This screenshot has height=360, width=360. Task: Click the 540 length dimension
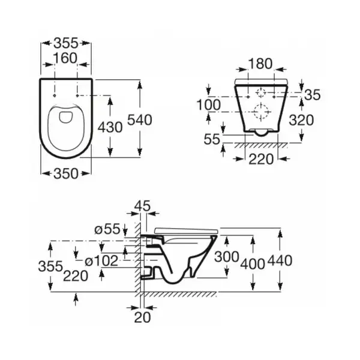click(x=140, y=120)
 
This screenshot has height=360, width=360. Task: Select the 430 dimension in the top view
click(x=110, y=127)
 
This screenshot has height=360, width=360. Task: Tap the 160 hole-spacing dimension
click(x=65, y=58)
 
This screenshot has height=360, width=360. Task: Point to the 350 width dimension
click(x=66, y=173)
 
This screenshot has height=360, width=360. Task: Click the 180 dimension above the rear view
click(x=260, y=64)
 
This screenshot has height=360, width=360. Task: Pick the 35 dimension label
click(x=312, y=95)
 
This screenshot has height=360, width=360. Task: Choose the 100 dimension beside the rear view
click(x=209, y=104)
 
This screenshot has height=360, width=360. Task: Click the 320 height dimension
click(x=301, y=120)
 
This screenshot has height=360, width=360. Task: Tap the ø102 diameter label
click(x=101, y=261)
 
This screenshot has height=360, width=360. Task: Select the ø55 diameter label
click(x=107, y=229)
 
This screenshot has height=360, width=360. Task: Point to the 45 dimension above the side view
click(x=142, y=205)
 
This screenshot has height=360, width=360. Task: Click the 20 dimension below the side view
click(x=142, y=317)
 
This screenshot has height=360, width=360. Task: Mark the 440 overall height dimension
click(x=280, y=260)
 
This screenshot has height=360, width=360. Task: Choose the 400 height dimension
click(x=253, y=263)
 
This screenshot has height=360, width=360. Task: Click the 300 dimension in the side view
click(x=227, y=256)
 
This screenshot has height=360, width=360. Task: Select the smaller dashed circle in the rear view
click(x=261, y=93)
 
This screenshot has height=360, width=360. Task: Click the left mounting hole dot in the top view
click(x=55, y=95)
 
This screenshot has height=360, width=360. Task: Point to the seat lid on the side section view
click(x=186, y=231)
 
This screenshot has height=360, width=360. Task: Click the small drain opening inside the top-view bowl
click(x=65, y=117)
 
